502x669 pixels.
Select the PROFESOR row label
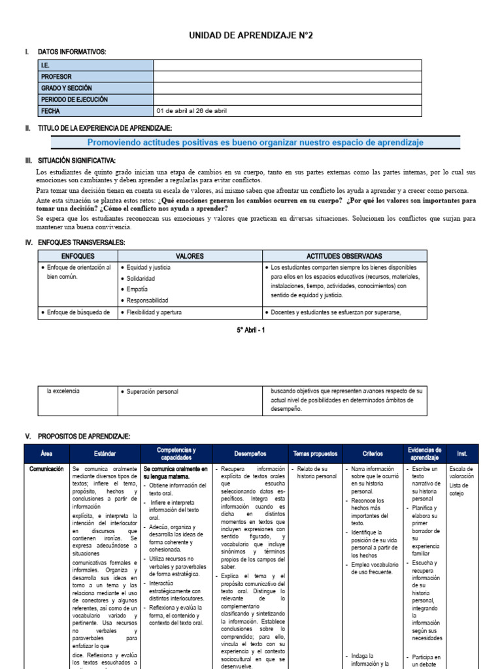click(x=57, y=76)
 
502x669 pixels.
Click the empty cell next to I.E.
click(x=287, y=65)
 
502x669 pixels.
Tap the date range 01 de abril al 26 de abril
click(x=192, y=111)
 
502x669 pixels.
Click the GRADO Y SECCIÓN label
click(x=66, y=88)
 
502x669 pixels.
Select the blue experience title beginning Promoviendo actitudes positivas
click(x=255, y=142)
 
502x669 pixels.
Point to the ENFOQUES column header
click(x=78, y=256)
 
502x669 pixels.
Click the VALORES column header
click(x=190, y=256)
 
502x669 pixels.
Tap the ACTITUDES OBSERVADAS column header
click(x=344, y=256)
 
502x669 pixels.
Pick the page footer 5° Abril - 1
click(x=251, y=330)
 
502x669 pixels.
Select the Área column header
click(x=46, y=453)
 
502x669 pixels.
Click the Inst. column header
click(x=462, y=453)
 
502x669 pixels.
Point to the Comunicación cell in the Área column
click(x=46, y=469)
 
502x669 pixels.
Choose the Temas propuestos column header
click(x=314, y=453)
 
